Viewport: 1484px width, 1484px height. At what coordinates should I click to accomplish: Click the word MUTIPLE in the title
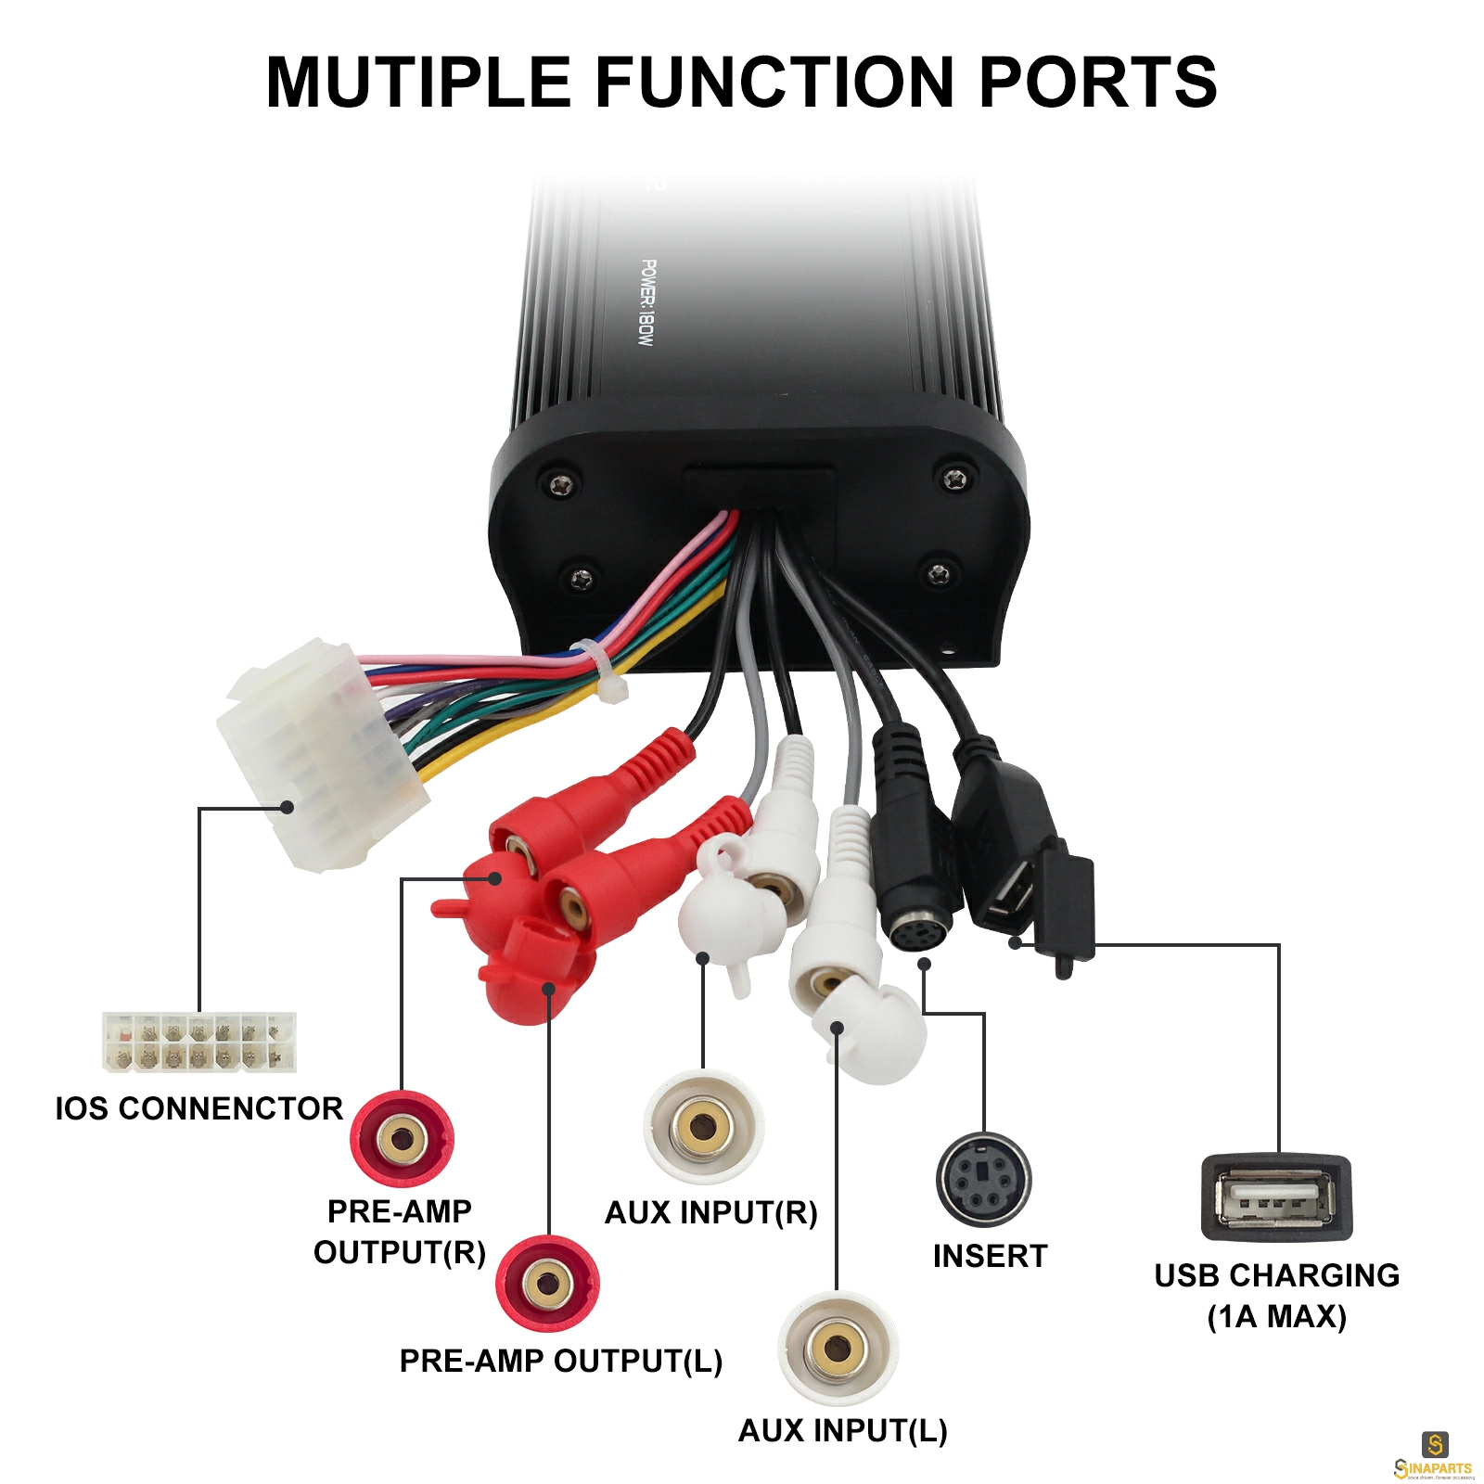pyautogui.click(x=418, y=82)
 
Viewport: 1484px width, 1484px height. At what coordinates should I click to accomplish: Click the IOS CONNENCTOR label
pyautogui.click(x=198, y=1107)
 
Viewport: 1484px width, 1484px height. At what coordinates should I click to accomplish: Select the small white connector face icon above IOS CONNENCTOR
pyautogui.click(x=198, y=1042)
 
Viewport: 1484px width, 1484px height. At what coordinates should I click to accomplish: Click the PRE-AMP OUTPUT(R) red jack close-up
pyautogui.click(x=402, y=1138)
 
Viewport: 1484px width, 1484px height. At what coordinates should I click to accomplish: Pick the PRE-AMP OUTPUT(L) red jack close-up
pyautogui.click(x=547, y=1284)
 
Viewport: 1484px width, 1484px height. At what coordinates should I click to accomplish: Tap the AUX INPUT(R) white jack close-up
pyautogui.click(x=704, y=1127)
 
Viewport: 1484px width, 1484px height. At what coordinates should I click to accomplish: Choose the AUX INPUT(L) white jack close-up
pyautogui.click(x=838, y=1348)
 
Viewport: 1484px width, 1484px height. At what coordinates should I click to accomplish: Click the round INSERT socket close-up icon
pyautogui.click(x=983, y=1180)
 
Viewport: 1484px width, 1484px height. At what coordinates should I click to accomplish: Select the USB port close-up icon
pyautogui.click(x=1277, y=1197)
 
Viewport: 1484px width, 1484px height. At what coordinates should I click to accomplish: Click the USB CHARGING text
pyautogui.click(x=1277, y=1275)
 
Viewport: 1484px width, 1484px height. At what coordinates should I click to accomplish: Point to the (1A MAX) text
pyautogui.click(x=1277, y=1316)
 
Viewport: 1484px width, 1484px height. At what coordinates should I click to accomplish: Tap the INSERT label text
pyautogui.click(x=991, y=1256)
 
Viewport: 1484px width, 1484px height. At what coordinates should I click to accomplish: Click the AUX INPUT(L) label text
pyautogui.click(x=843, y=1430)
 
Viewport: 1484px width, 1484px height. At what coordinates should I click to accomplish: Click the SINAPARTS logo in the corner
pyautogui.click(x=1434, y=1456)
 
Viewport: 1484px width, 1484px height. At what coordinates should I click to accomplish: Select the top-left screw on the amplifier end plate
pyautogui.click(x=560, y=484)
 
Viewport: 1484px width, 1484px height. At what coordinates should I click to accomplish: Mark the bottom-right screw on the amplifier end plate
pyautogui.click(x=939, y=572)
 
